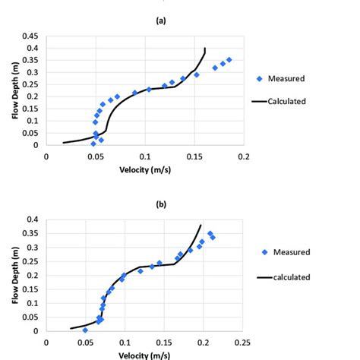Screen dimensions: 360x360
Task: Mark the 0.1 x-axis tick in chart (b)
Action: coord(125,343)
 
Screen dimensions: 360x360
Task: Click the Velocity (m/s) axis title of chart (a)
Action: coord(144,169)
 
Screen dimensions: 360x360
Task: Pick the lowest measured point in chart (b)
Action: coord(85,330)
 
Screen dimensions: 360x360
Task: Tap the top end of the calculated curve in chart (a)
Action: coord(204,49)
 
